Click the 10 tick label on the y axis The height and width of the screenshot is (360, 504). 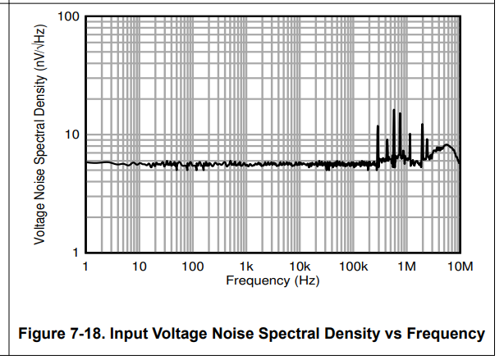pyautogui.click(x=71, y=134)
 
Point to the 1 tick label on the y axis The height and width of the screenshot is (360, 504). pyautogui.click(x=74, y=252)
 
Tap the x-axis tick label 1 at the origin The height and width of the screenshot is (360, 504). pyautogui.click(x=85, y=266)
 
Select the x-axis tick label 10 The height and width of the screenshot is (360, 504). pyautogui.click(x=139, y=266)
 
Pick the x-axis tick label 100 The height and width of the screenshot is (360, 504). pyautogui.click(x=192, y=266)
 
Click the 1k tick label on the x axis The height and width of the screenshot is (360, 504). pyautogui.click(x=246, y=266)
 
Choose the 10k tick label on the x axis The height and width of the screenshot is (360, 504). pyautogui.click(x=300, y=266)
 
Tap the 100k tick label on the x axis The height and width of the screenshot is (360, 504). pyautogui.click(x=352, y=266)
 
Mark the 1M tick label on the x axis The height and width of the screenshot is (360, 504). pyautogui.click(x=406, y=266)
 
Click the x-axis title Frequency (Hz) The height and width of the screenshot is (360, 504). pyautogui.click(x=273, y=280)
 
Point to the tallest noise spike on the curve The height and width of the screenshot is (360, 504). pyautogui.click(x=394, y=110)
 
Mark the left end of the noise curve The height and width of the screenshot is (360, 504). pyautogui.click(x=86, y=162)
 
